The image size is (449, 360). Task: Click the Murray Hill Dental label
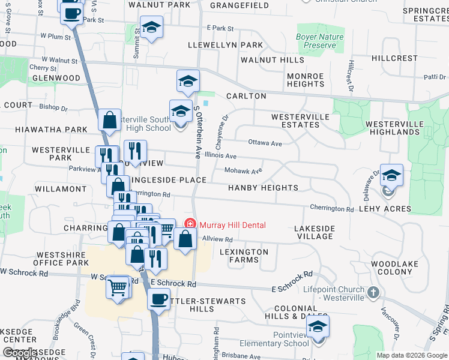(232, 225)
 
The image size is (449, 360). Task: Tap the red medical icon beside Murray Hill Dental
(190, 225)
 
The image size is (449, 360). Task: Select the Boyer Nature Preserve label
(320, 41)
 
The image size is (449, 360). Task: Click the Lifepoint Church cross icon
(373, 293)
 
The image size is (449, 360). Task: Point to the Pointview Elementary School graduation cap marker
(318, 328)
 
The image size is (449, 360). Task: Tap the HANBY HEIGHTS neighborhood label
(263, 188)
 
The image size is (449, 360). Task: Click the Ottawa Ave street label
(265, 143)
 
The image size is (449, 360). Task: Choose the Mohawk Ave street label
(244, 171)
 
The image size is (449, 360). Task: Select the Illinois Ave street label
(220, 155)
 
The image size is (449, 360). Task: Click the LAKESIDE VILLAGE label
(314, 232)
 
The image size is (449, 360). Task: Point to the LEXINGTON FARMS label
(244, 256)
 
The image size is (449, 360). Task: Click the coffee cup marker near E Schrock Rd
(158, 298)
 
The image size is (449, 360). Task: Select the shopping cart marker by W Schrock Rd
(117, 288)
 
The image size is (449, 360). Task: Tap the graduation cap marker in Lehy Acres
(391, 176)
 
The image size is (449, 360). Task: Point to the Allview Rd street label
(217, 239)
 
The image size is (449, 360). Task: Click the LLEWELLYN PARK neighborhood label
(225, 45)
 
